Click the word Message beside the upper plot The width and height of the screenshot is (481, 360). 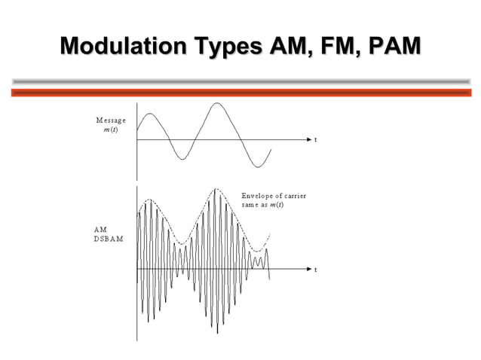coord(111,121)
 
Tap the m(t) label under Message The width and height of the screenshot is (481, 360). coord(110,130)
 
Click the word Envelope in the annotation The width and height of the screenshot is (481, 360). coord(258,197)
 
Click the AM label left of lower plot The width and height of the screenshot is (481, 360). coord(100,229)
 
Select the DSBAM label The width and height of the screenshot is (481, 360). coord(109,239)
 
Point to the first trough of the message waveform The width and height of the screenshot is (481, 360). coord(181,159)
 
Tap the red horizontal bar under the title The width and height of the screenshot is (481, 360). coord(240,93)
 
